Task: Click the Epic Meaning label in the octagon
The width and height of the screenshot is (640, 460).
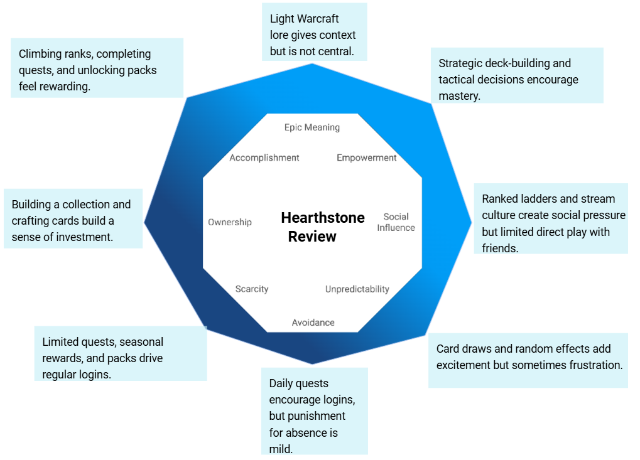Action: [x=312, y=127]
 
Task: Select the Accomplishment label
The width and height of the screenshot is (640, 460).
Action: [x=264, y=158]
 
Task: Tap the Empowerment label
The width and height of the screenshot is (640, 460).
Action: [x=367, y=158]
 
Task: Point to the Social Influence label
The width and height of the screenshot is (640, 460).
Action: [x=396, y=222]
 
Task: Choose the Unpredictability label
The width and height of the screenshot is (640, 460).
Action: [x=357, y=289]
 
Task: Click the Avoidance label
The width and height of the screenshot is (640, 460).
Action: [x=313, y=323]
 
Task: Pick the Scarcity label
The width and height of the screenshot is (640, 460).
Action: [x=252, y=289]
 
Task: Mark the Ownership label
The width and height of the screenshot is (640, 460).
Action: [x=230, y=222]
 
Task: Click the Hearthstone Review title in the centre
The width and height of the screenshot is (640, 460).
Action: [x=322, y=227]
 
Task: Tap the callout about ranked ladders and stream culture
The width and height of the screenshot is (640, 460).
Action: [x=550, y=218]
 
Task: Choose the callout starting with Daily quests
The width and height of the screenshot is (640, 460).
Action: [x=314, y=411]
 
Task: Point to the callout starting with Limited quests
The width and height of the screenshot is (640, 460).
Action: [x=120, y=353]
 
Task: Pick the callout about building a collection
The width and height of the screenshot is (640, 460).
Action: [x=73, y=218]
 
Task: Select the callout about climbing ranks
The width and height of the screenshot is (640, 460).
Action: [x=97, y=68]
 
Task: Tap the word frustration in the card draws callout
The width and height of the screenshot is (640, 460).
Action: [x=591, y=365]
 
